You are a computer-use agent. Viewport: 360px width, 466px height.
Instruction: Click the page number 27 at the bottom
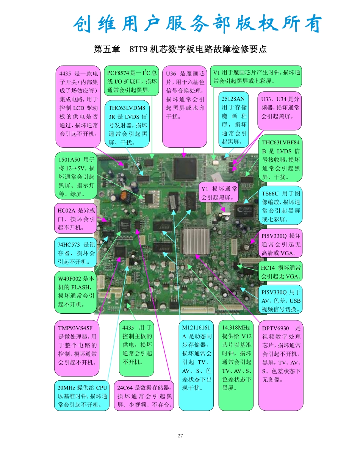[x=180, y=436]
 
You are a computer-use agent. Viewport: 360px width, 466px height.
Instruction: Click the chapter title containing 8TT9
[x=180, y=49]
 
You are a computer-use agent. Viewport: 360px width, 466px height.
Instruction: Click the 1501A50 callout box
[x=76, y=176]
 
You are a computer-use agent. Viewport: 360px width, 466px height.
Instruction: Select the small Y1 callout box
[x=219, y=192]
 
